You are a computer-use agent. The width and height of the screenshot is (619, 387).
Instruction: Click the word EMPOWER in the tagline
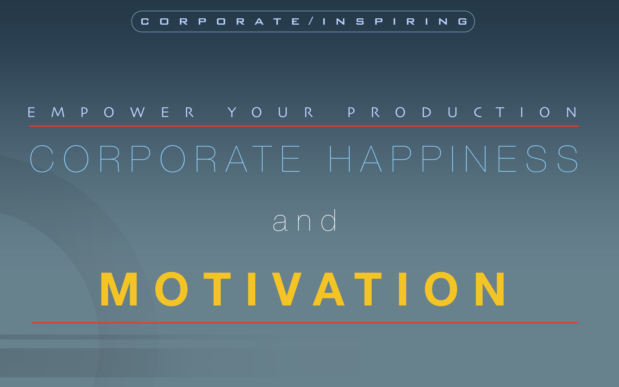(x=111, y=112)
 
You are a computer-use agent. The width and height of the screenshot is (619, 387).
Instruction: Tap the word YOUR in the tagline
(x=270, y=112)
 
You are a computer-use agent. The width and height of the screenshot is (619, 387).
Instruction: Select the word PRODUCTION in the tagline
(x=462, y=112)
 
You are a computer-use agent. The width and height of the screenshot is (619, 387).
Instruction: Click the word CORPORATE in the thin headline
(x=165, y=159)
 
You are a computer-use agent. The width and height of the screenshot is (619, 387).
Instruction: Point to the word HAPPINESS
(x=454, y=159)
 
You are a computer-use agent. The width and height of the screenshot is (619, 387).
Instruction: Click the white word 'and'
(x=304, y=220)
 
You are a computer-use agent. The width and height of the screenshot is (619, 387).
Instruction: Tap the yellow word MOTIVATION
(x=302, y=289)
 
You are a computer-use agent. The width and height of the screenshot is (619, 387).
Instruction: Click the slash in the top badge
(x=311, y=21)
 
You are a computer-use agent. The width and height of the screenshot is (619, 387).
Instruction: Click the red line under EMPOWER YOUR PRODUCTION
(x=304, y=126)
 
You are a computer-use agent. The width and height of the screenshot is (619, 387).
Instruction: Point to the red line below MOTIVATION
(x=305, y=323)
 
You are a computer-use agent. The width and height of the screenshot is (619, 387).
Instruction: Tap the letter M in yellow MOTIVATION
(x=119, y=289)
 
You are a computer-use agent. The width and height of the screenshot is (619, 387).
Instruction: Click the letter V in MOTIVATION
(x=287, y=289)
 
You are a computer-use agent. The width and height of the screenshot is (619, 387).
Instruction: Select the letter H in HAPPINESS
(x=340, y=159)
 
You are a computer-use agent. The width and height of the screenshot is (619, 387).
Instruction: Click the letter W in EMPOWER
(x=137, y=112)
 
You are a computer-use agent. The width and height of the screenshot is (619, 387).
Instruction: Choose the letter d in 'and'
(x=328, y=220)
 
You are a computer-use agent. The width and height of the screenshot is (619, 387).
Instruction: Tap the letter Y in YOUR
(x=232, y=112)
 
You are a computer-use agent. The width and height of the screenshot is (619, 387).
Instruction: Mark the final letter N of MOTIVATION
(x=490, y=289)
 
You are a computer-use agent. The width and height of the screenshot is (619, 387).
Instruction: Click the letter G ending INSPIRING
(x=463, y=22)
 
